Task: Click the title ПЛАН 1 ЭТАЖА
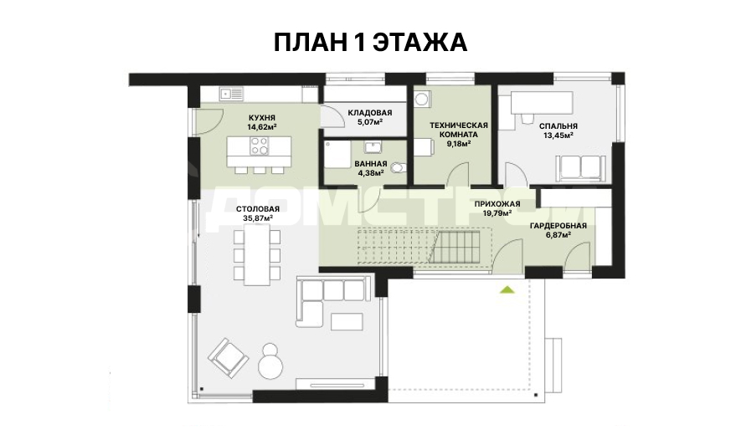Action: tap(370, 42)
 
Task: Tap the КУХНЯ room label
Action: tap(262, 118)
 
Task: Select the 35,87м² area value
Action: tap(258, 218)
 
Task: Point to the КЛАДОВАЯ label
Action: tap(370, 113)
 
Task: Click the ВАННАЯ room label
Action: tap(371, 164)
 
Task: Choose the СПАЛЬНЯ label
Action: tap(558, 126)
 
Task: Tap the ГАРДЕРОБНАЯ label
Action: tap(558, 226)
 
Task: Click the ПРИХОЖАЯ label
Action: tap(497, 204)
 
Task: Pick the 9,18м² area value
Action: tap(458, 144)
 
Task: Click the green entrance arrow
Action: tap(507, 289)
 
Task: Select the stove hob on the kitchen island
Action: tap(259, 146)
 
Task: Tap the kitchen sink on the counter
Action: tap(231, 94)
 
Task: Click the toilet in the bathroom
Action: tap(399, 167)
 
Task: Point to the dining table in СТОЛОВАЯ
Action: tap(258, 254)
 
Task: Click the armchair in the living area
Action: tap(229, 357)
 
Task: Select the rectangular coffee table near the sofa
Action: tap(347, 321)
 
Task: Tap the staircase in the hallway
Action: tap(424, 246)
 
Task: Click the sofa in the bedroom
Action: tap(581, 168)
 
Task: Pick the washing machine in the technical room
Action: tap(422, 98)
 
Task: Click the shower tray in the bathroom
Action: tap(337, 153)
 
